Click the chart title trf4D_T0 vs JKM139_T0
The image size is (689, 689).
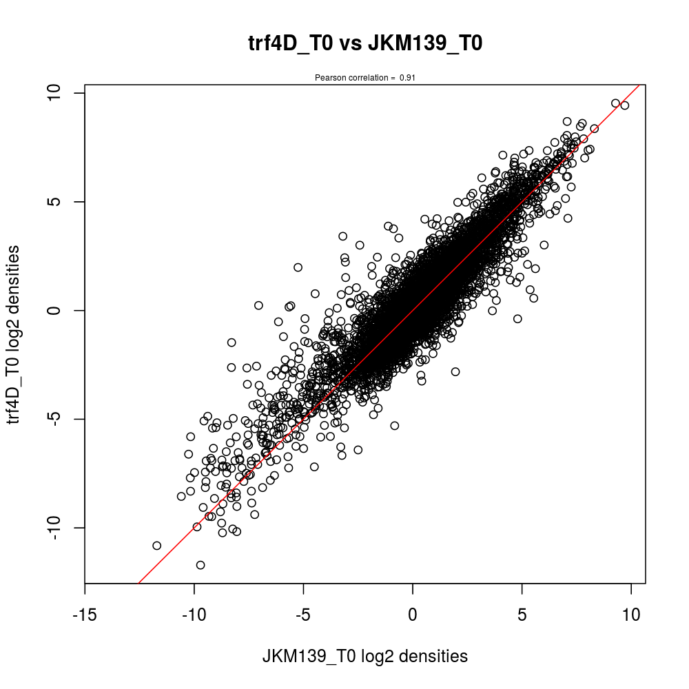pos(364,43)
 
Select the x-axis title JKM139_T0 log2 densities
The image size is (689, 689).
pos(364,657)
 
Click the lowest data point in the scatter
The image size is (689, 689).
pos(200,565)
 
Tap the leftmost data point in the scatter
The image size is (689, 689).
pos(156,546)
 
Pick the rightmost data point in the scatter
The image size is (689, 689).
pos(625,105)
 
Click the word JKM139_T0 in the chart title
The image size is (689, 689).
pos(425,43)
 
